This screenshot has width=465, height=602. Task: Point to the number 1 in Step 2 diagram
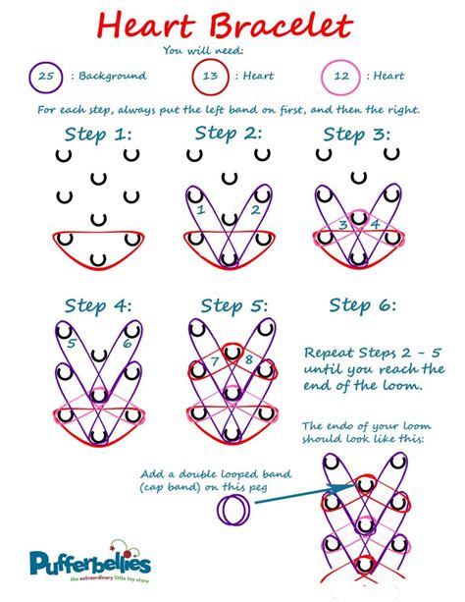pyautogui.click(x=200, y=209)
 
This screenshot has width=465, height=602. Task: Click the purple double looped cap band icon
pyautogui.click(x=234, y=510)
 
